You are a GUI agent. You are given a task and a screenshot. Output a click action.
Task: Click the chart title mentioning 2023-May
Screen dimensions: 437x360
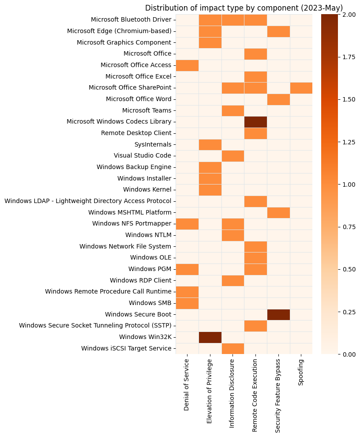tap(244, 8)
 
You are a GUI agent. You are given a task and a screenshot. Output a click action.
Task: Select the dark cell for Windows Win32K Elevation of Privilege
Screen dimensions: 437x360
tap(210, 337)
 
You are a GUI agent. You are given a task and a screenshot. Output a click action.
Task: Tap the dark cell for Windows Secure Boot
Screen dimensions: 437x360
tap(278, 314)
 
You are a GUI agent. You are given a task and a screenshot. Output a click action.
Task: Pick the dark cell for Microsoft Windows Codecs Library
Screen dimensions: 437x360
tap(255, 121)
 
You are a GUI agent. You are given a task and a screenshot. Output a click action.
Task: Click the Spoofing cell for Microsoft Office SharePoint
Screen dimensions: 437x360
tap(301, 87)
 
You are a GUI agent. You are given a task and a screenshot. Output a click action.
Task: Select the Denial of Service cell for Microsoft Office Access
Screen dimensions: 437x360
tap(187, 65)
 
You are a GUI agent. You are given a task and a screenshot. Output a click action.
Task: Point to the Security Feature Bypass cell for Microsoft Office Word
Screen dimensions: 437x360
tap(278, 99)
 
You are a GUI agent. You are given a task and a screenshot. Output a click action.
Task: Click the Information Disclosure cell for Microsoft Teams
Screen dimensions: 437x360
tap(232, 110)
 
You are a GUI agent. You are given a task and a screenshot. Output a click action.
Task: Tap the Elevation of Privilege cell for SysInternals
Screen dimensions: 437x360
tap(210, 144)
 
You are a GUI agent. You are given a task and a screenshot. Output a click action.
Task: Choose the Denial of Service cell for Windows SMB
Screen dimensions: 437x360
tap(187, 303)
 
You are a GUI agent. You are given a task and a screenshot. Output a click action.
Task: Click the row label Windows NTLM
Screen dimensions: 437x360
tap(148, 235)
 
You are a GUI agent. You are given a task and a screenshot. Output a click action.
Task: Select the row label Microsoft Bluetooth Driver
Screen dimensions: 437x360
tap(131, 19)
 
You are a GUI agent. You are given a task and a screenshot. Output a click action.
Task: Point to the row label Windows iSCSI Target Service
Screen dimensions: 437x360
tap(126, 348)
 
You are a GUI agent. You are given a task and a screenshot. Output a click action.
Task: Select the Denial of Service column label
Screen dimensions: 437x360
tap(187, 385)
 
